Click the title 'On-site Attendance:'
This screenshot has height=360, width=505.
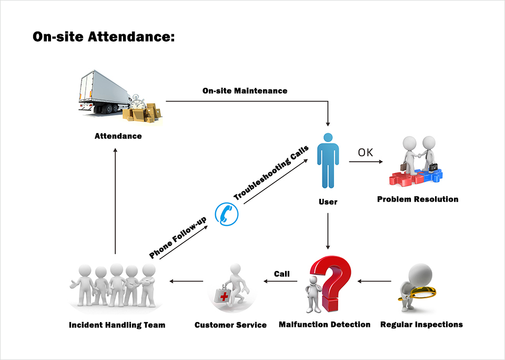[x=104, y=36]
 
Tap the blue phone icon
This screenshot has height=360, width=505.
[x=227, y=214]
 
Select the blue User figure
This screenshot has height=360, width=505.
[x=328, y=161]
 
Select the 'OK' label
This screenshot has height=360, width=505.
[x=365, y=153]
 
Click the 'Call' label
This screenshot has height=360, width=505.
[x=281, y=274]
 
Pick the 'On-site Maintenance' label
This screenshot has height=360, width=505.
[x=245, y=91]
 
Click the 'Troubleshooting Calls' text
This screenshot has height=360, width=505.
[x=271, y=173]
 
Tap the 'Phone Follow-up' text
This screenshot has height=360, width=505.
[x=178, y=237]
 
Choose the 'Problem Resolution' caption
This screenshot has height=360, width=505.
[x=418, y=199]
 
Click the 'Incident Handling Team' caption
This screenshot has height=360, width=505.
[x=117, y=325]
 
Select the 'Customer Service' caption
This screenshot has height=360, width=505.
[x=230, y=325]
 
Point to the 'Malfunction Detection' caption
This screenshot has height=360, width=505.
[x=325, y=325]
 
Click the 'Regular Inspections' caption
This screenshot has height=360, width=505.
[x=421, y=325]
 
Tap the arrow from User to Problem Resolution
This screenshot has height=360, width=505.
[x=366, y=162]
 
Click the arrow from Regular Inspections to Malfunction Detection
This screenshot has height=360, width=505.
[x=374, y=282]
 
